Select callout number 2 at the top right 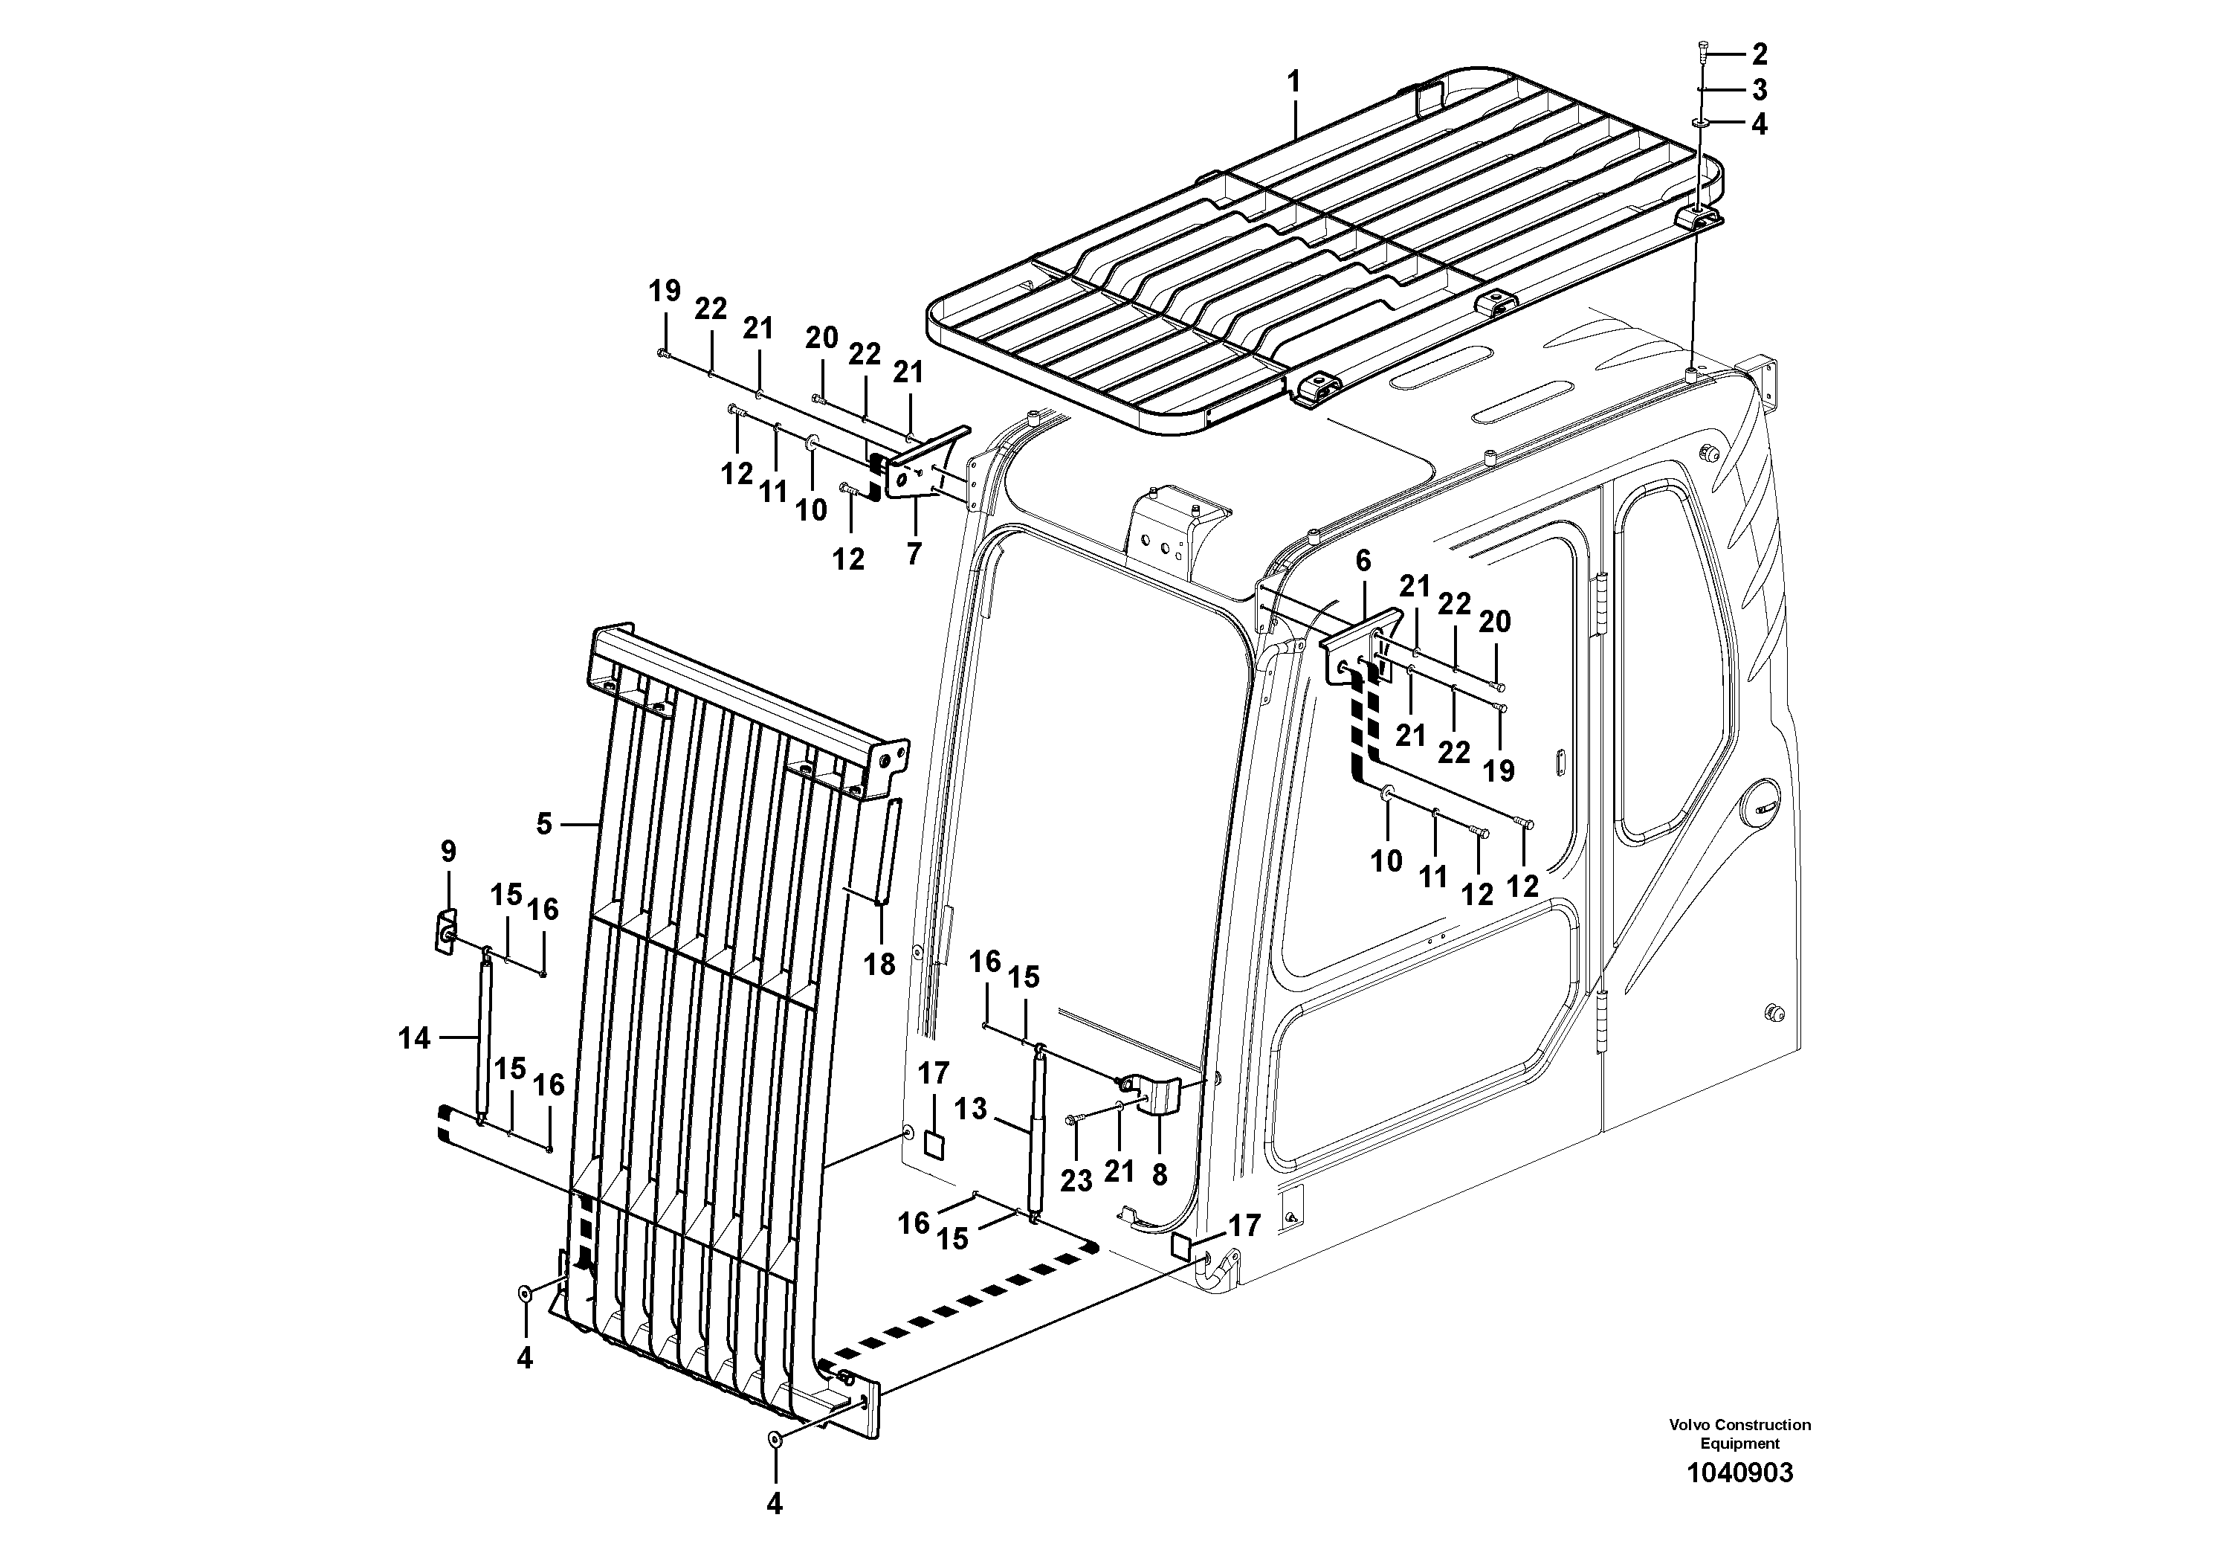pyautogui.click(x=1760, y=54)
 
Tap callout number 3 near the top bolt pyautogui.click(x=1760, y=91)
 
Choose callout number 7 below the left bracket pyautogui.click(x=913, y=553)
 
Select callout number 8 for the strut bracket pyautogui.click(x=1160, y=1174)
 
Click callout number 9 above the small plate pyautogui.click(x=448, y=852)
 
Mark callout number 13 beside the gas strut pyautogui.click(x=972, y=1110)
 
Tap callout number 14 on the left pyautogui.click(x=415, y=1038)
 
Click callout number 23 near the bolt pyautogui.click(x=1076, y=1181)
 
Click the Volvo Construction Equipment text pyautogui.click(x=1739, y=1434)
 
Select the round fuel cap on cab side pyautogui.click(x=1760, y=815)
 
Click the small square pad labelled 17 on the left pyautogui.click(x=933, y=1145)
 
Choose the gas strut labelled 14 pyautogui.click(x=484, y=1038)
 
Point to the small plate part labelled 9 pyautogui.click(x=446, y=931)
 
